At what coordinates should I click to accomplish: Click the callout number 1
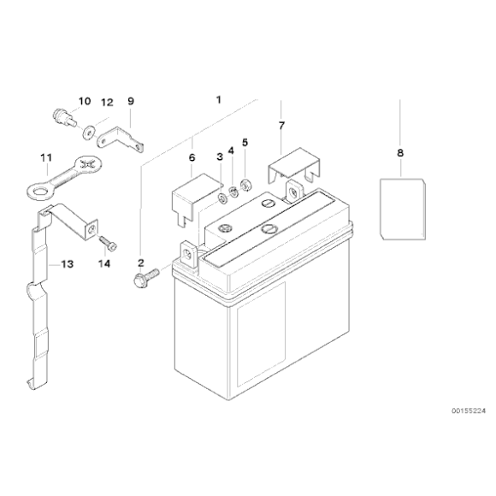219,100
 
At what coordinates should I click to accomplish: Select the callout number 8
400,153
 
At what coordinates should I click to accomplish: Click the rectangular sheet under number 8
403,210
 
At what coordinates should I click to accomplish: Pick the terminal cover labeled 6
194,196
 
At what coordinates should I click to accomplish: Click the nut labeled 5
246,185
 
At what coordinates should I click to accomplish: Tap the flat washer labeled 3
222,199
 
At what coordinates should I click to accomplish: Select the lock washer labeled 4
233,192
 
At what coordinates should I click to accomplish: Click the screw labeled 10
64,116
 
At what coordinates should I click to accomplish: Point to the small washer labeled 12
87,133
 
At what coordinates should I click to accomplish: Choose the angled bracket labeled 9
120,140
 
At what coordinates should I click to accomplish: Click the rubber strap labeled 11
64,179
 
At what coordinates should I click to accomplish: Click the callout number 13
67,263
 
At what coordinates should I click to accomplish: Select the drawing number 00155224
468,410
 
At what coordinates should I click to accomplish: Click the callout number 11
46,157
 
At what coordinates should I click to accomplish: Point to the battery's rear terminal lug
294,191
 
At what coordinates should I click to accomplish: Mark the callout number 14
104,263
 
